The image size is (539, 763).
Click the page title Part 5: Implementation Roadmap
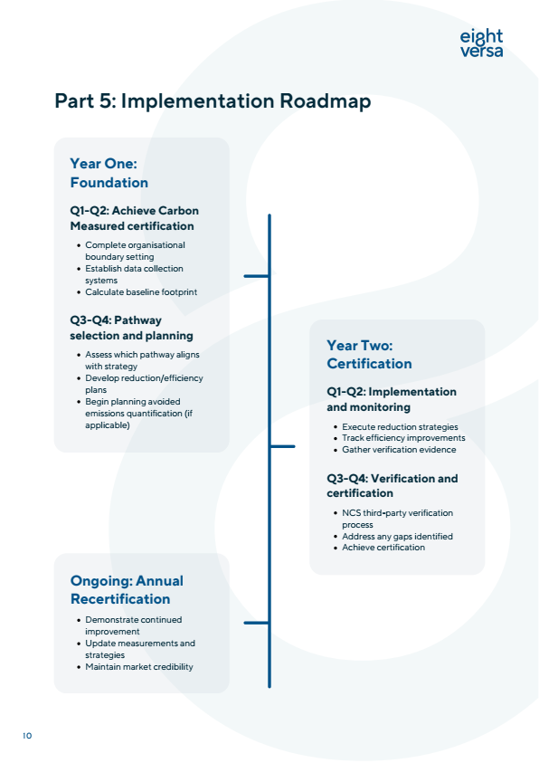coord(213,100)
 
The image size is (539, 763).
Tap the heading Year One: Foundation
coord(109,173)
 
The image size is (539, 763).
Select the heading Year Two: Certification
coord(369,354)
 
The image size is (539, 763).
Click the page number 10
coord(27,736)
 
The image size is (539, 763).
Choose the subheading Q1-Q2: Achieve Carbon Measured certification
coord(134,218)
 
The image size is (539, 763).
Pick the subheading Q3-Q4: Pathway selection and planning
coord(131,327)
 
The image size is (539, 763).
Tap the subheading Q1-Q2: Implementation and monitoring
coord(391,399)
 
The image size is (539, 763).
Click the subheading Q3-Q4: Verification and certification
coord(392,485)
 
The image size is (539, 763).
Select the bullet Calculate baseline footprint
coord(140,292)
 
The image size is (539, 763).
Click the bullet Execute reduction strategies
coord(400,426)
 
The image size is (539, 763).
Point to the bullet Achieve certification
coord(383,548)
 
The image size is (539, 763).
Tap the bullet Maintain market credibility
coord(138,667)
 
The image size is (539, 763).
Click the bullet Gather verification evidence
coord(399,450)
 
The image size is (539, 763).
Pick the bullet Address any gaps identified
coord(397,536)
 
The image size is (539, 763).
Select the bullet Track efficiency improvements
coord(402,438)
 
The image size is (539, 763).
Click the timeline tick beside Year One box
coord(256,275)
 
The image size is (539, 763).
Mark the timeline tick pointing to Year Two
coord(282,445)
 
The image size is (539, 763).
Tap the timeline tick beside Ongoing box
coord(256,622)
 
